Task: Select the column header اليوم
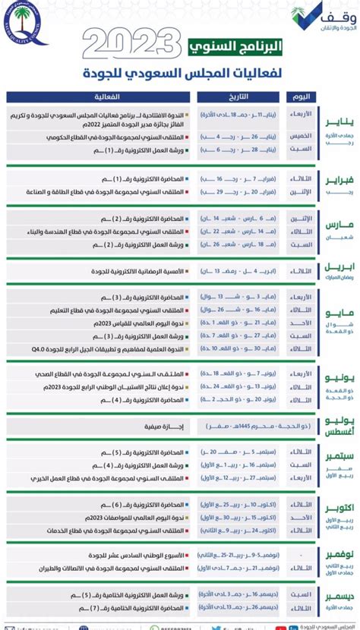[301, 98]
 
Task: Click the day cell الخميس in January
[301, 137]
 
